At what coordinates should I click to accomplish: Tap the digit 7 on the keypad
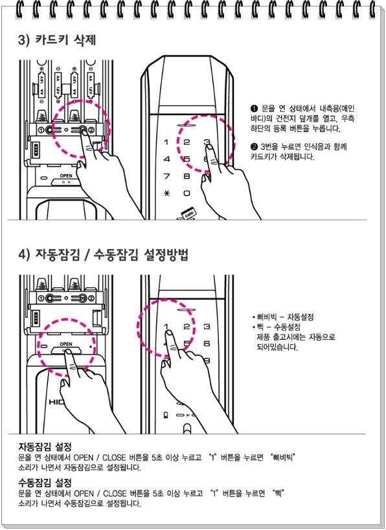pyautogui.click(x=166, y=176)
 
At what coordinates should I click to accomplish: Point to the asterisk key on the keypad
pyautogui.click(x=166, y=193)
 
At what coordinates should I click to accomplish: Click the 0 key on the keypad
pyautogui.click(x=187, y=193)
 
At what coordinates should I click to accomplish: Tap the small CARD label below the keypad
pyautogui.click(x=188, y=213)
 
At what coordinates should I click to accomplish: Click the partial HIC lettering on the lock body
pyautogui.click(x=54, y=403)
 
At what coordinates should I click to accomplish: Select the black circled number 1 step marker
pyautogui.click(x=254, y=109)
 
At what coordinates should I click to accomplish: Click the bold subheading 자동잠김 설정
pyautogui.click(x=45, y=447)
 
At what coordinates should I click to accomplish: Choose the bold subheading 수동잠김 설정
pyautogui.click(x=45, y=481)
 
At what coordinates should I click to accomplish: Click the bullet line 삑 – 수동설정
pyautogui.click(x=277, y=327)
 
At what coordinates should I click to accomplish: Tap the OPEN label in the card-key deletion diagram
pyautogui.click(x=66, y=176)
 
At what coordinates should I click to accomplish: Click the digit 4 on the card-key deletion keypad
pyautogui.click(x=166, y=159)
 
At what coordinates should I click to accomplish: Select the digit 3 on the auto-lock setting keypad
pyautogui.click(x=207, y=327)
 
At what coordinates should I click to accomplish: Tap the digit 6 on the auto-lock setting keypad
pyautogui.click(x=207, y=344)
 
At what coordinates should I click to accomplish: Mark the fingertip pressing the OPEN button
pyautogui.click(x=67, y=352)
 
